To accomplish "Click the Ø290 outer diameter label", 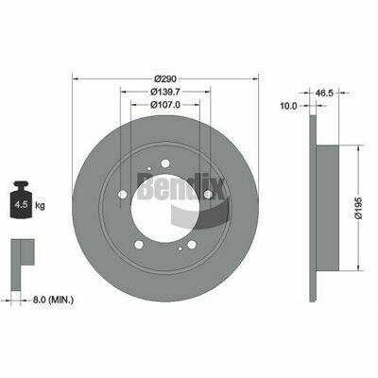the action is coord(165,78).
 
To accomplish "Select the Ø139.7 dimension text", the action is coord(165,92).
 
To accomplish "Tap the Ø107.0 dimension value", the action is coord(165,105).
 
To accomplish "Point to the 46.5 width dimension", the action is coord(324,93).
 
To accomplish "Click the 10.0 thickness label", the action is coord(289,106).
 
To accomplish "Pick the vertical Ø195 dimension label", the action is coord(359,208).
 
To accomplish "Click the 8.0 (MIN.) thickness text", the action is coord(53,300).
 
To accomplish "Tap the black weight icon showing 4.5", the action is coord(21,199).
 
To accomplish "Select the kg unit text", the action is coord(40,206).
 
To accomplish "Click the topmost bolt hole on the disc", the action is coord(165,163).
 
